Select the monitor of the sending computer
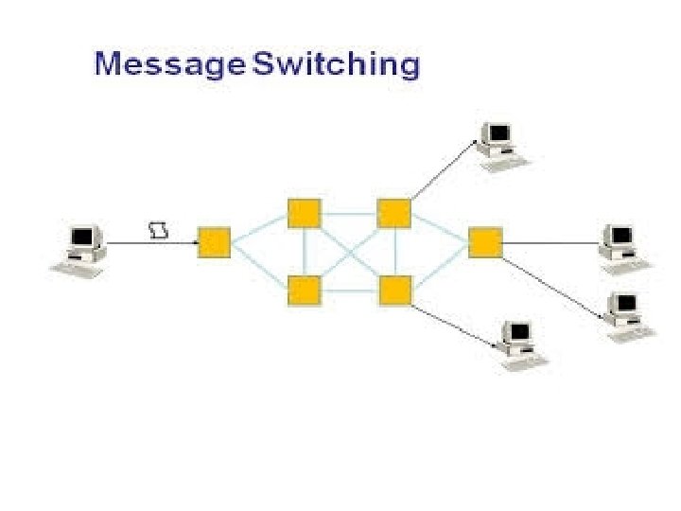tap(85, 237)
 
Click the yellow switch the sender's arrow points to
tap(215, 242)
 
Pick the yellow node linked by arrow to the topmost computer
tap(393, 213)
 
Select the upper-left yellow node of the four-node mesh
tap(304, 213)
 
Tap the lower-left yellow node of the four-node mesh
tap(304, 290)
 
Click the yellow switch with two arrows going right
tap(484, 242)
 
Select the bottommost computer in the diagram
tap(518, 340)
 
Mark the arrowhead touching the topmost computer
tap(476, 143)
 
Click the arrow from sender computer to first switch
tap(151, 243)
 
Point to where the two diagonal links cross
tap(349, 252)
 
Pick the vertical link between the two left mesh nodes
tap(304, 252)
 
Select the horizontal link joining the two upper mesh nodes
tap(349, 213)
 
